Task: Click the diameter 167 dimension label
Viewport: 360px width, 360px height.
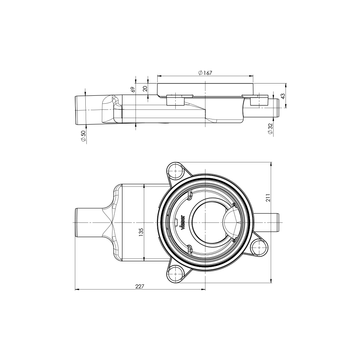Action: (205, 73)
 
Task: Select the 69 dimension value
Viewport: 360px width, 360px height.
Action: (132, 90)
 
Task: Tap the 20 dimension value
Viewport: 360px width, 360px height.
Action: (145, 89)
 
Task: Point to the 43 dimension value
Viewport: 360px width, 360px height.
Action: (283, 96)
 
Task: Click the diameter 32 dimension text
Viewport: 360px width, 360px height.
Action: (270, 129)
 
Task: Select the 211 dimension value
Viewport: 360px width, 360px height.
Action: (268, 197)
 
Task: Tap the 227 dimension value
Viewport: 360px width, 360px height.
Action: (140, 286)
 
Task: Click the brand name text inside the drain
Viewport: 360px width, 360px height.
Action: (183, 222)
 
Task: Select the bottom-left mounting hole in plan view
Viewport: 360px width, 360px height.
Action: (175, 275)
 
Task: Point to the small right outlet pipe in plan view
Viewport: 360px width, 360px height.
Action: (268, 222)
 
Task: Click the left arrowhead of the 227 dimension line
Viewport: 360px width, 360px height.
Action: (76, 289)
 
